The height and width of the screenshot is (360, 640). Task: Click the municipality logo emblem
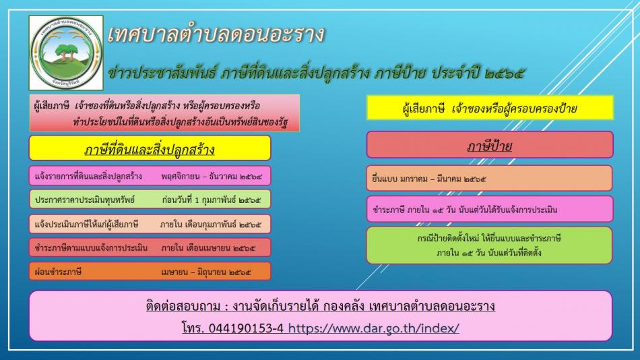click(66, 53)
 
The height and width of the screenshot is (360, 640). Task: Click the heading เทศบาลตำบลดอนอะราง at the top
click(216, 34)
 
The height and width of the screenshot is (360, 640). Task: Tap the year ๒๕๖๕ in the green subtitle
click(505, 73)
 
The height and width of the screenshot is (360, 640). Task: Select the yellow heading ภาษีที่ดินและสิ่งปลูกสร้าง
click(150, 150)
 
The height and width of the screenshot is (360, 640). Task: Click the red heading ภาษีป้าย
click(489, 146)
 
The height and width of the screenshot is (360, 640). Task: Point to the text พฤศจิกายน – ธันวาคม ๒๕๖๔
click(212, 177)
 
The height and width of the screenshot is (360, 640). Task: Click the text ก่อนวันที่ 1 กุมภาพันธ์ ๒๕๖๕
click(212, 200)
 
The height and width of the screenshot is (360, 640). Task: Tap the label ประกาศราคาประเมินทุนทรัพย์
click(85, 200)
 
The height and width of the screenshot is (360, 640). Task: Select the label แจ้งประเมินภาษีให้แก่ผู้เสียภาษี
click(86, 224)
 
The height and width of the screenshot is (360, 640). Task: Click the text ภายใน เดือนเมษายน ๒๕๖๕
click(208, 248)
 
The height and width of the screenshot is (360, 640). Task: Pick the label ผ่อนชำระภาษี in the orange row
click(58, 272)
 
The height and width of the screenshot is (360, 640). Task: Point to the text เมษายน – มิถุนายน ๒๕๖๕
click(206, 272)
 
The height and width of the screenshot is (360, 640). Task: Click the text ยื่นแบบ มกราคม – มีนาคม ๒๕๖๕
click(429, 179)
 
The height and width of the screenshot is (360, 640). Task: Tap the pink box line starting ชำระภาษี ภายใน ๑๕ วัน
click(465, 210)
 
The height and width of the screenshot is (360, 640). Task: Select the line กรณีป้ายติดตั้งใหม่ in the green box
click(489, 238)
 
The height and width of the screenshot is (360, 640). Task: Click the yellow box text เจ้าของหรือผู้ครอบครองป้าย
click(514, 109)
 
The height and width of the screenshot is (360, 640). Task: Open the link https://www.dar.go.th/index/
click(373, 328)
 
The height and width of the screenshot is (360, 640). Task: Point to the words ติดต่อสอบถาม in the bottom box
click(183, 306)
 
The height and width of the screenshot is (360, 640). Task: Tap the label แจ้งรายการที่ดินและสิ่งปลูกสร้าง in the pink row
click(88, 177)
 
